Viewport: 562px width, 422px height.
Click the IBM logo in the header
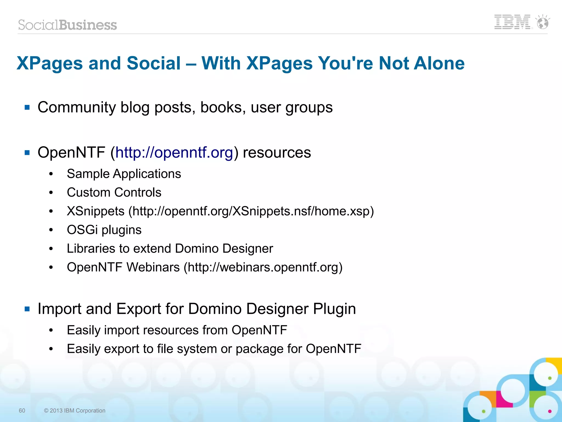tap(512, 22)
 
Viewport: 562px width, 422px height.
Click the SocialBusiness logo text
tap(68, 25)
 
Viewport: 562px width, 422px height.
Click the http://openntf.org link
tap(174, 152)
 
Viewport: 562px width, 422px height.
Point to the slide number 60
tap(22, 410)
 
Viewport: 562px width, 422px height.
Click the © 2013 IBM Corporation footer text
tap(75, 410)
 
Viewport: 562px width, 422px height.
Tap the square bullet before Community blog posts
tap(27, 107)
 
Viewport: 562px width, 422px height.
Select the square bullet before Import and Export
tap(27, 309)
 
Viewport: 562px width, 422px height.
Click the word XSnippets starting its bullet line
tap(96, 211)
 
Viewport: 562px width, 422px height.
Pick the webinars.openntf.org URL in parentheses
tap(263, 267)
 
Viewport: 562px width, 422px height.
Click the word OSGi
tap(82, 230)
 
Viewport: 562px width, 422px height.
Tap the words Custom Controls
tap(114, 192)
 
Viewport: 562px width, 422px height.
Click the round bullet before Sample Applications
tap(51, 174)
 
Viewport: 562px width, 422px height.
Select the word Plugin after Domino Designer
tap(335, 309)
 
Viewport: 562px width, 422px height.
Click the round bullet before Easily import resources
tap(51, 330)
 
